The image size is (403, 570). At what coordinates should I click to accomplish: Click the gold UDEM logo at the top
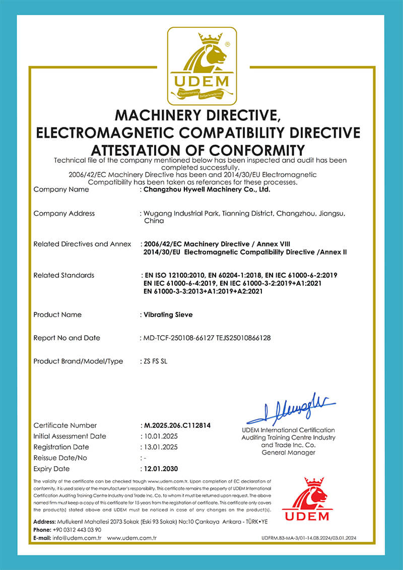pos(201,66)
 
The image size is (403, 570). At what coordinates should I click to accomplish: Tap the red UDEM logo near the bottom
pos(306,499)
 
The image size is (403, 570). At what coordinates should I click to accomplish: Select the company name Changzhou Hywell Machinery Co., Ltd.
pos(207,190)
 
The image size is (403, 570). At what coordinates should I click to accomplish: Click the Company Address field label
pos(64,213)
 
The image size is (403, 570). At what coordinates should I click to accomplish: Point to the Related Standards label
pos(63,275)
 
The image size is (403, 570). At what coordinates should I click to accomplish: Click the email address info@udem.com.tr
pos(77,538)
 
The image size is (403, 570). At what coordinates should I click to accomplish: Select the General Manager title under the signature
pos(288,453)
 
